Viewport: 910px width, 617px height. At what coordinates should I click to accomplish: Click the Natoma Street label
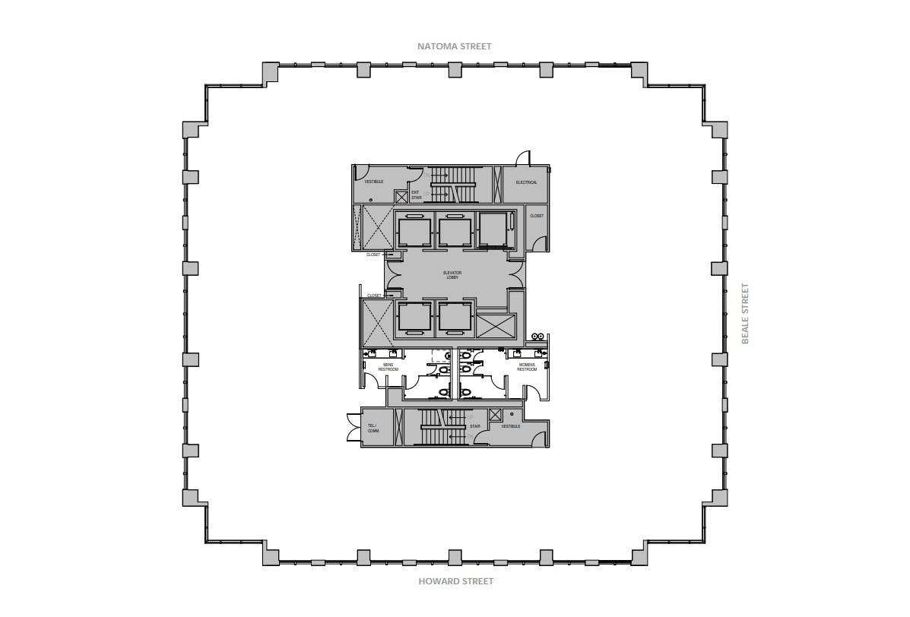coord(454,46)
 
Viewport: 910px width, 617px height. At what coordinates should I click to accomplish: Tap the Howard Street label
coord(455,581)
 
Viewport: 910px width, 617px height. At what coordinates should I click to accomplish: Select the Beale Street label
coord(746,313)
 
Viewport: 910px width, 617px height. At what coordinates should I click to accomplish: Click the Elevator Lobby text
coord(452,274)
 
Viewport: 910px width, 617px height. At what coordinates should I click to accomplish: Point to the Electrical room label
coord(526,182)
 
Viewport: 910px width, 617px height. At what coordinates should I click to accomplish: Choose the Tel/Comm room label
coord(373,429)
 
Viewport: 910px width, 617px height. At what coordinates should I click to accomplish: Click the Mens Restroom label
coord(388,367)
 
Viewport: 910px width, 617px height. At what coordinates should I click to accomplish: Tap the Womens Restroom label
coord(527,367)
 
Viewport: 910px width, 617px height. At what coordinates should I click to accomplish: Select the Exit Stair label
coord(416,195)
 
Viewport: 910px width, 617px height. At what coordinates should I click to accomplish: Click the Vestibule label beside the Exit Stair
coord(373,182)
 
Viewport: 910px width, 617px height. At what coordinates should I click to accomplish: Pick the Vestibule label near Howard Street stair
coord(510,426)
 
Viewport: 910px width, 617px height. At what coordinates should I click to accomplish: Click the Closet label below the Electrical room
coord(537,216)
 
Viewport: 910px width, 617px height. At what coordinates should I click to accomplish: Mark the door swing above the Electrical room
coord(524,158)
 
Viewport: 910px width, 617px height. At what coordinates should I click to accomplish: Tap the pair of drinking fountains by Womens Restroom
coord(539,336)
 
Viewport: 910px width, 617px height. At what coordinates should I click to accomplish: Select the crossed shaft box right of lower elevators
coord(495,327)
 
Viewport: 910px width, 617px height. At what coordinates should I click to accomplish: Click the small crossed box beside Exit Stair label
coord(401,196)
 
